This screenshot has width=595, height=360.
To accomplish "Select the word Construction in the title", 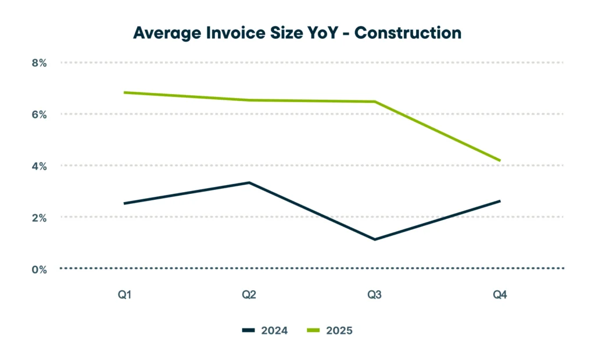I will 407,33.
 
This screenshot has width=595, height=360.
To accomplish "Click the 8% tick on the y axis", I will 39,62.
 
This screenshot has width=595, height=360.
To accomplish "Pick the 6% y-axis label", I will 39,114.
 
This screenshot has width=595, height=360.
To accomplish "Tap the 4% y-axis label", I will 39,165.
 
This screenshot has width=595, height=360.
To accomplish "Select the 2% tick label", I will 39,217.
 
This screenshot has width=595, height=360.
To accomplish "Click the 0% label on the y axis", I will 39,269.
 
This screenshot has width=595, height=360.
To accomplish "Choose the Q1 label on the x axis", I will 124,295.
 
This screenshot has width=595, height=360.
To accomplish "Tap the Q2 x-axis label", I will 249,295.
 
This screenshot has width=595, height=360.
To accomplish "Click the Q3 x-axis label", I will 374,295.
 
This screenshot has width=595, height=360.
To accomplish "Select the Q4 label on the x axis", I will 500,295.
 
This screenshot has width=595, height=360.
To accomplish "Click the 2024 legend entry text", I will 275,330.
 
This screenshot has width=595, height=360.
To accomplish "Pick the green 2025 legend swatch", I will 313,330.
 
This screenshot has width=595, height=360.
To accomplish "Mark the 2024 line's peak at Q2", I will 249,183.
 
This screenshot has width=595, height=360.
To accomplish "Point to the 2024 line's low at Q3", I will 375,239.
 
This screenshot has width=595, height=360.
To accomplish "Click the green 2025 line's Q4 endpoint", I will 500,160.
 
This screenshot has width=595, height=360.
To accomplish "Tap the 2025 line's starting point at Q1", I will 124,92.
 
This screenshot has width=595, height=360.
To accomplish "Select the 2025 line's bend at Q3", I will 375,102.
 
